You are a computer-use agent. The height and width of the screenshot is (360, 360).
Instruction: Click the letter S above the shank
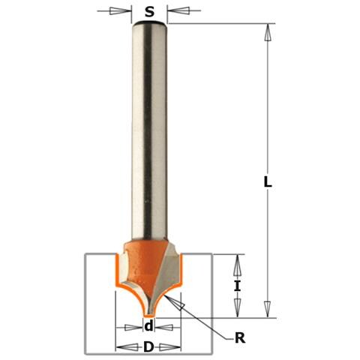[149, 12]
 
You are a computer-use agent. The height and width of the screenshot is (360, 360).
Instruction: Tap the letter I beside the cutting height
[237, 286]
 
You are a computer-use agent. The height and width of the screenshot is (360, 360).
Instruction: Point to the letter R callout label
[240, 338]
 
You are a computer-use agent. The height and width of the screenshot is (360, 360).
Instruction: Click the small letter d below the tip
[148, 326]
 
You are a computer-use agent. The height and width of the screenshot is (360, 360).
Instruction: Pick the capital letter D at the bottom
[148, 347]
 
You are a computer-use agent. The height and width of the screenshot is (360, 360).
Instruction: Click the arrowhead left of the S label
[121, 11]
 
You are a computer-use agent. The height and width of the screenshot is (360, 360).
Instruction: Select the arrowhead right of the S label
[178, 10]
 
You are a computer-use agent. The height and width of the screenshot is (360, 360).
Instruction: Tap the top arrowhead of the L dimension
[268, 32]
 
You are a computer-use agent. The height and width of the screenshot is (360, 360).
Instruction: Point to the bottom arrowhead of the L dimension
[268, 310]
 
